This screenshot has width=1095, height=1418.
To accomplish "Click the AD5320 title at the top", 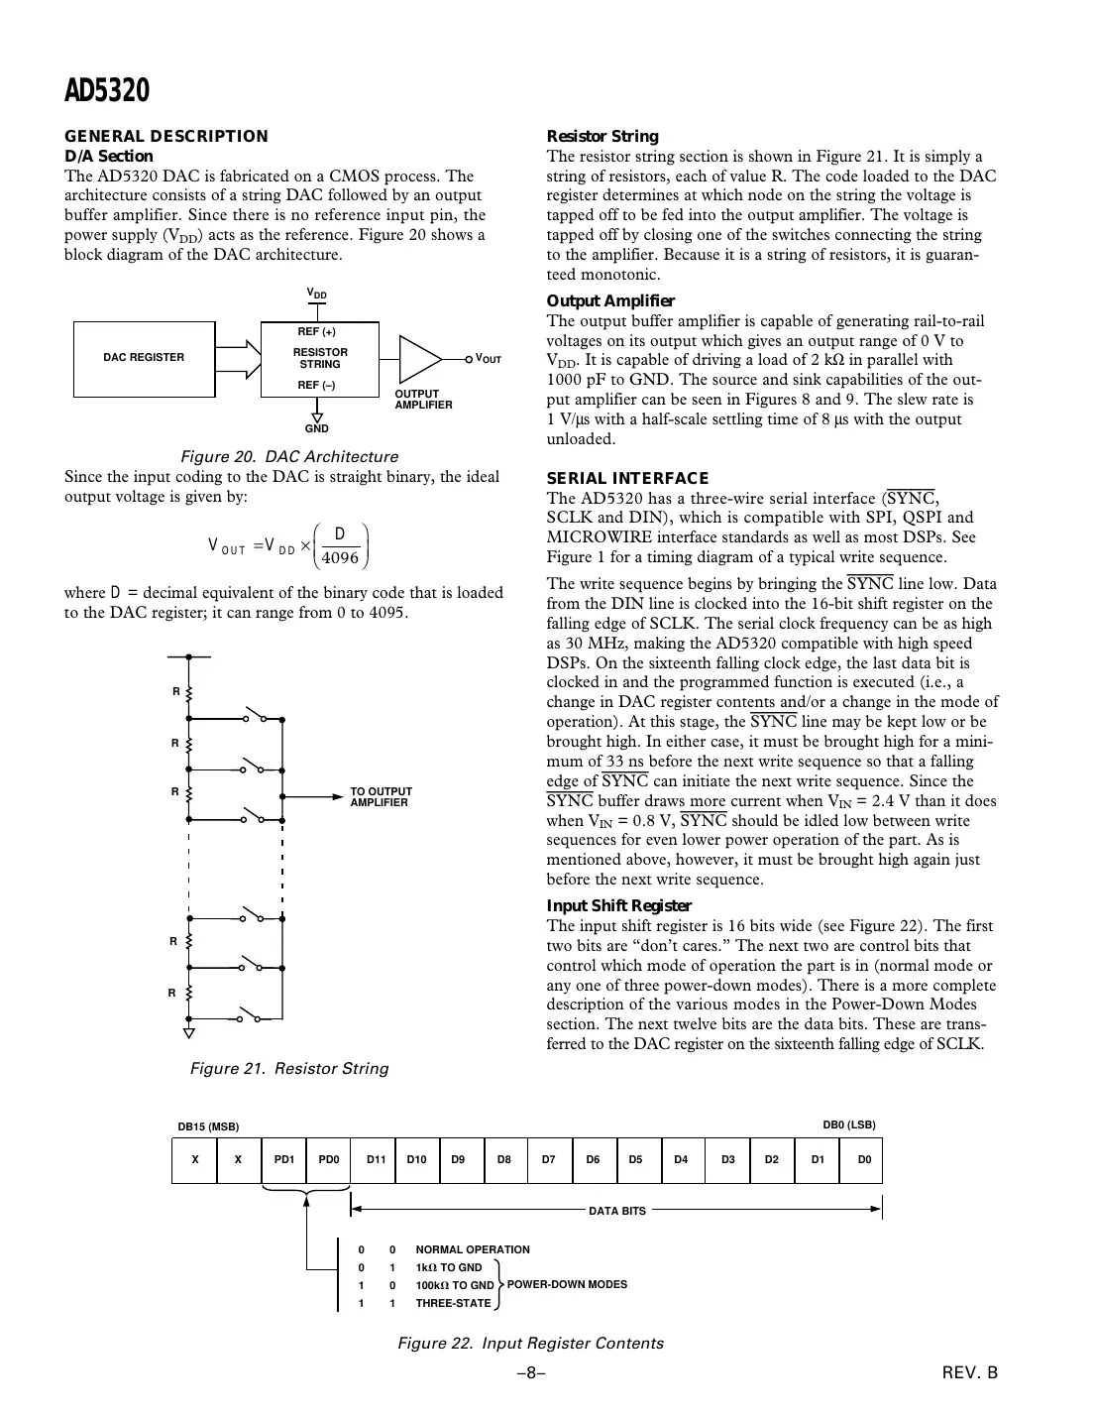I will (107, 91).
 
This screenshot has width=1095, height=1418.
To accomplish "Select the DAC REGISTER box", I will (145, 358).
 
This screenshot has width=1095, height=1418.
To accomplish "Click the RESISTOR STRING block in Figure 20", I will (320, 358).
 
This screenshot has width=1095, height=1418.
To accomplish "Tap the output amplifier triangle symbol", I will (419, 358).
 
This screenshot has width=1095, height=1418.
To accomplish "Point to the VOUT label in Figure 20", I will (489, 359).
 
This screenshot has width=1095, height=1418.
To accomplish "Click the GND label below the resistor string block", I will (317, 428).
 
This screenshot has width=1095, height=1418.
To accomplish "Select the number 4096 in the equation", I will (340, 557).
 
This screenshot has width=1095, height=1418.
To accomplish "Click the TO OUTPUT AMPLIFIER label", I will (381, 797).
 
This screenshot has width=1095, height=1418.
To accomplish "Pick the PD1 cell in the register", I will (284, 1159).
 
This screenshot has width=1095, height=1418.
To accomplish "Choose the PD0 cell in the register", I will (328, 1159).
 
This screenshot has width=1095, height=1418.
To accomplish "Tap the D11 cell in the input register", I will (376, 1159).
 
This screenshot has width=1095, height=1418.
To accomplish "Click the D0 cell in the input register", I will (863, 1159).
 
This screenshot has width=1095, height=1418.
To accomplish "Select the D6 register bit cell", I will (593, 1159).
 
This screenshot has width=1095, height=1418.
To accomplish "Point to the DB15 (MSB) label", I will (209, 1126).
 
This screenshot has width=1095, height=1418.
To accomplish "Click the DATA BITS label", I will (617, 1211).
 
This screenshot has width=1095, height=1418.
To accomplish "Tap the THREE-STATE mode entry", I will (453, 1303).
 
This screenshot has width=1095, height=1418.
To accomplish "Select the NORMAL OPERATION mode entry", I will (472, 1249).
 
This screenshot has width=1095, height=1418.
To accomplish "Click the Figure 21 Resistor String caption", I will (289, 1068).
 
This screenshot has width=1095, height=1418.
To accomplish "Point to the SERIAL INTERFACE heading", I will (627, 478).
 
